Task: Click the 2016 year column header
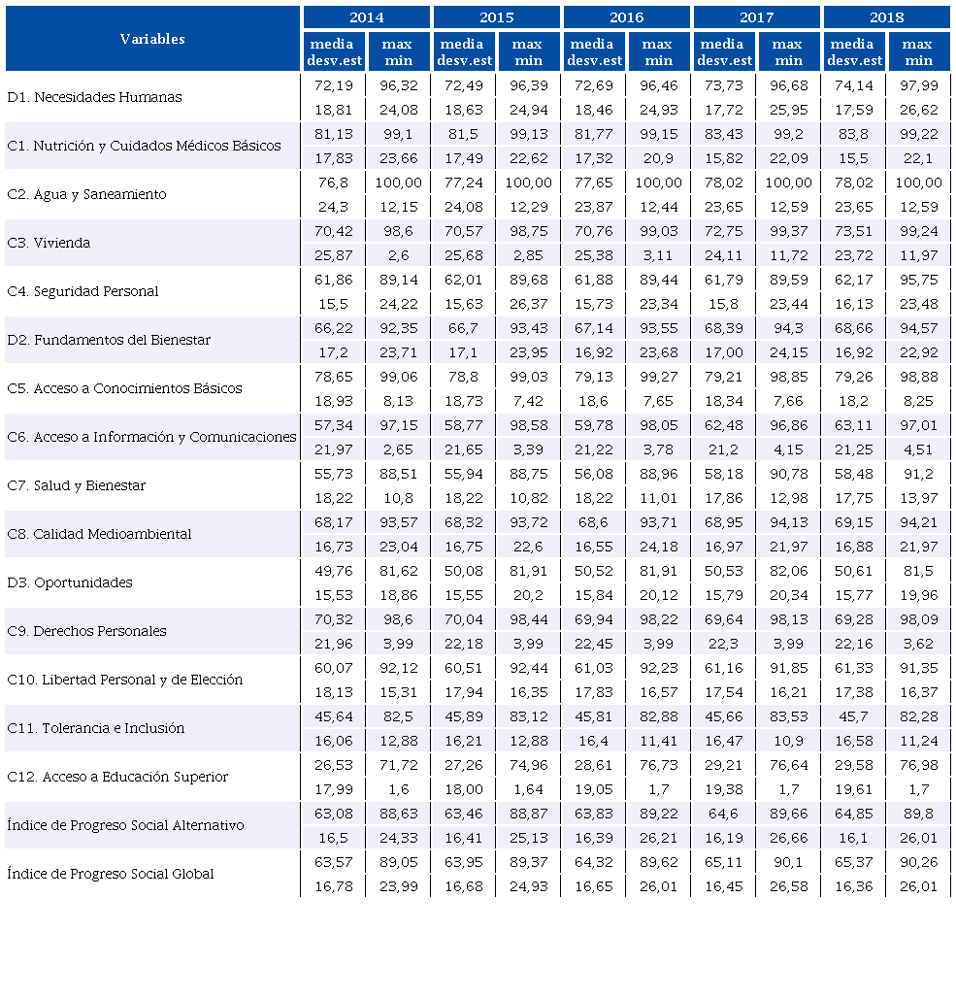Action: click(x=626, y=17)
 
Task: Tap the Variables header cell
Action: click(x=152, y=39)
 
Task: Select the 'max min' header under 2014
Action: click(x=398, y=52)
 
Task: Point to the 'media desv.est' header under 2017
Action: click(x=722, y=52)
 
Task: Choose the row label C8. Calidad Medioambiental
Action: click(x=99, y=534)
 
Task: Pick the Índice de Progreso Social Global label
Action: click(x=111, y=874)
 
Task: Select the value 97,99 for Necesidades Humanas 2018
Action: click(x=917, y=85)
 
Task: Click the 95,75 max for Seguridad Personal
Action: click(x=917, y=280)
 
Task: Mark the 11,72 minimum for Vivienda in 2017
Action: click(x=787, y=255)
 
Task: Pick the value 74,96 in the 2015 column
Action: click(x=528, y=765)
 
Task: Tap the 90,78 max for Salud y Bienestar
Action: click(x=787, y=474)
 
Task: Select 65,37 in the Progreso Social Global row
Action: click(x=853, y=862)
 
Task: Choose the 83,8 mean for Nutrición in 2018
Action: click(x=853, y=134)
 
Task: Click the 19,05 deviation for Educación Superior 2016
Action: click(x=593, y=789)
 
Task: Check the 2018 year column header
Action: click(x=886, y=17)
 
